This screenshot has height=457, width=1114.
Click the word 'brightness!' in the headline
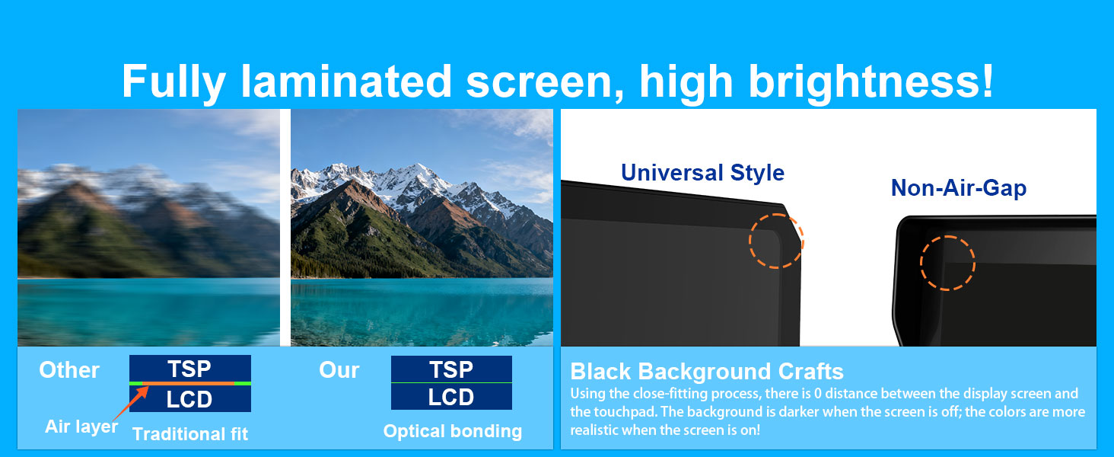coord(871,81)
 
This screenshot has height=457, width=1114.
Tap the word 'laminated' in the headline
coord(346,81)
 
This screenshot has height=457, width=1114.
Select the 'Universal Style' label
coord(702,173)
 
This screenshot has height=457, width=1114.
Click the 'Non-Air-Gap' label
coord(958,188)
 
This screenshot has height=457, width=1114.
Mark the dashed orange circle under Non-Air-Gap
coord(921,263)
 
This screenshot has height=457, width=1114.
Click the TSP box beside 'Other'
coord(190,369)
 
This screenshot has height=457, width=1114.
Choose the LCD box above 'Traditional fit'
coord(190,399)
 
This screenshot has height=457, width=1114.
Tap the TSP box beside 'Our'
coord(451,369)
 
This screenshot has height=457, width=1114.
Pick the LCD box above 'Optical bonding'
coord(451,397)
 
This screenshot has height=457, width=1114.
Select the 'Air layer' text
coord(81,427)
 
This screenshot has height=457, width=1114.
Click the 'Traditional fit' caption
coord(190,434)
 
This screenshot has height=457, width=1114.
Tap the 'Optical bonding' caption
coord(453,431)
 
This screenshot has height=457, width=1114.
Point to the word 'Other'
coord(69,370)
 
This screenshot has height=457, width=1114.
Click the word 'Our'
coord(339,370)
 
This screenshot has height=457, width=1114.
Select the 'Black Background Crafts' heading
coord(707,372)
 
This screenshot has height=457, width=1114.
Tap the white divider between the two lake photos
coord(285,228)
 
